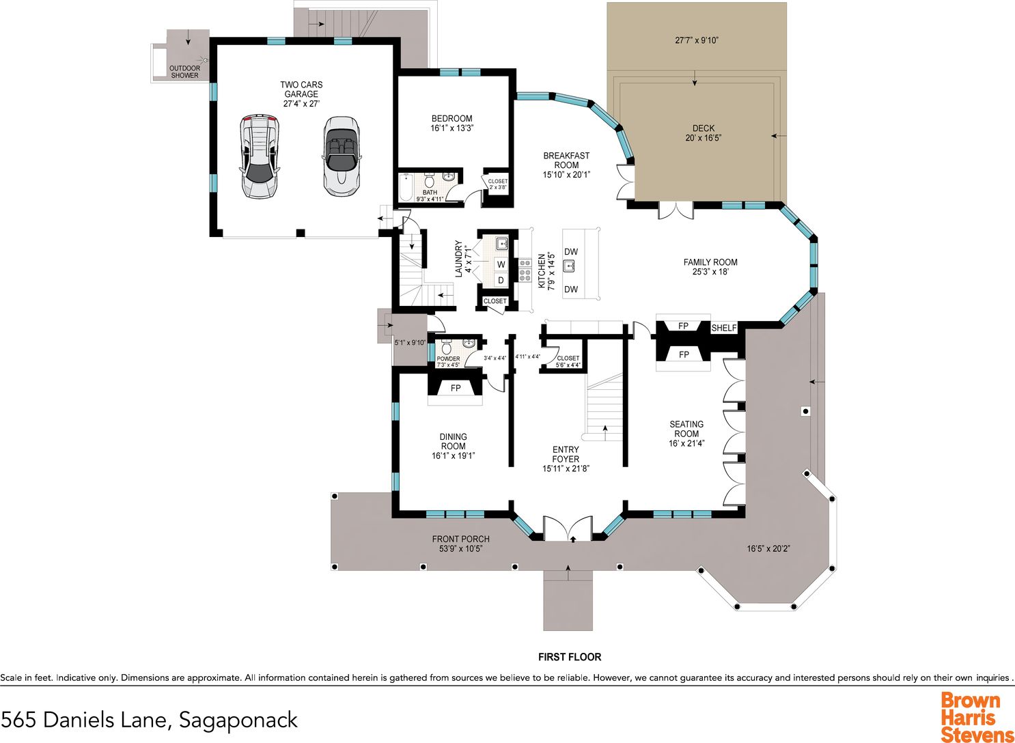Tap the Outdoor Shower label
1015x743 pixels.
tap(184, 72)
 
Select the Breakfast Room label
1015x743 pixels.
tap(566, 160)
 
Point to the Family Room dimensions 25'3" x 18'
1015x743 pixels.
tap(710, 272)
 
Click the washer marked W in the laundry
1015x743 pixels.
tap(501, 264)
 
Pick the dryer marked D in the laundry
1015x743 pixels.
tap(501, 281)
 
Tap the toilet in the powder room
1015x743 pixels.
tap(446, 347)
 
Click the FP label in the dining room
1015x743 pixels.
tap(456, 388)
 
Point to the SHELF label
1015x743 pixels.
tap(723, 328)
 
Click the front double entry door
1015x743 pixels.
tap(568, 529)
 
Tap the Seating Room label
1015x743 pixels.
tap(686, 429)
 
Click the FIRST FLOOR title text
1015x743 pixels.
tap(570, 656)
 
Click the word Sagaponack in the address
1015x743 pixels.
tap(238, 720)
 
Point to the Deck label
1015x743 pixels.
tap(704, 128)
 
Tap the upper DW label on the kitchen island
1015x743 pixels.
tap(571, 251)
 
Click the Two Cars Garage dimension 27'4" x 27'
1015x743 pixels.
tap(301, 104)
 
